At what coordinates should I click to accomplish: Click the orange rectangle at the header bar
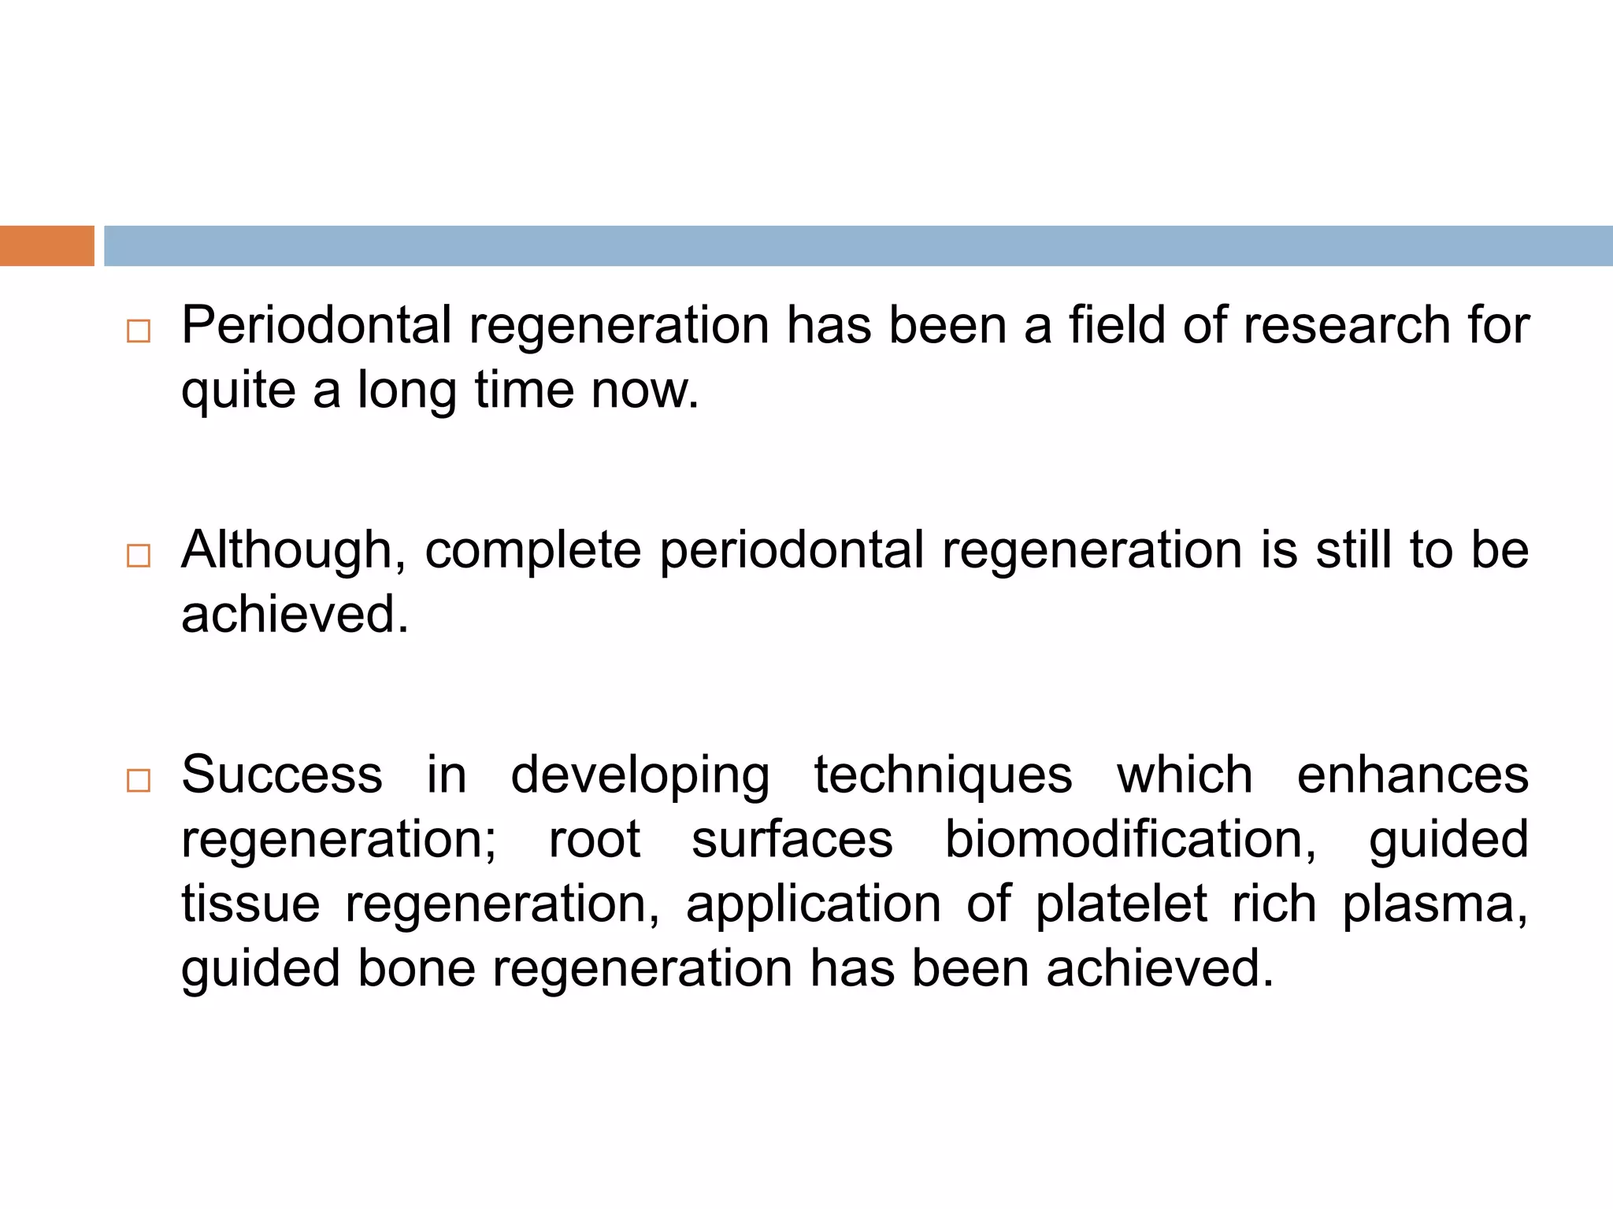(46, 246)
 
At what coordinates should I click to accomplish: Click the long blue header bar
(858, 246)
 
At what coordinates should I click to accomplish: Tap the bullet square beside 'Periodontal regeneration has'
(139, 331)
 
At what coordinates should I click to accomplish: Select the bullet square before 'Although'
(139, 556)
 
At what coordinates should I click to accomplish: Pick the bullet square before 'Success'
(139, 780)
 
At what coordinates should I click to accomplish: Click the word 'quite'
(239, 391)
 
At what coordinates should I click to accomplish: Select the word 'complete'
(533, 550)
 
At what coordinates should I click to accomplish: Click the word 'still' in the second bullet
(1355, 550)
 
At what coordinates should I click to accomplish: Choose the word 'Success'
(282, 775)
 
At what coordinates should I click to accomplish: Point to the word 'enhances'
(1412, 775)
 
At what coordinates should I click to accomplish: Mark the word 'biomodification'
(1129, 839)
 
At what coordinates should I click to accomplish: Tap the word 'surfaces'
(792, 839)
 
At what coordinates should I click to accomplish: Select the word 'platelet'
(1121, 904)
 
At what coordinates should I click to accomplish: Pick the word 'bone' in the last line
(417, 968)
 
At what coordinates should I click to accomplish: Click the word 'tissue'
(250, 904)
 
